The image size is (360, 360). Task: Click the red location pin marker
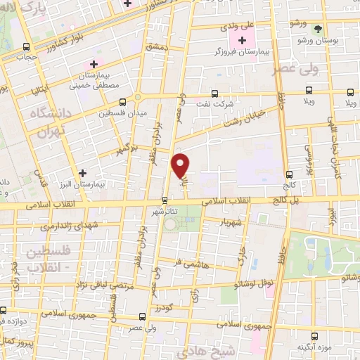(181, 166)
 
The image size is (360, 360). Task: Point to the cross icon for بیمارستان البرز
(83, 172)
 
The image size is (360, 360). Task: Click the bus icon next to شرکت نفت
(216, 93)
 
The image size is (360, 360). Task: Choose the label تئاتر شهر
(165, 210)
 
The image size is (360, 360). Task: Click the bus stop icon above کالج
(289, 174)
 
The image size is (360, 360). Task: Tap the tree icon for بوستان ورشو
(320, 29)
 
